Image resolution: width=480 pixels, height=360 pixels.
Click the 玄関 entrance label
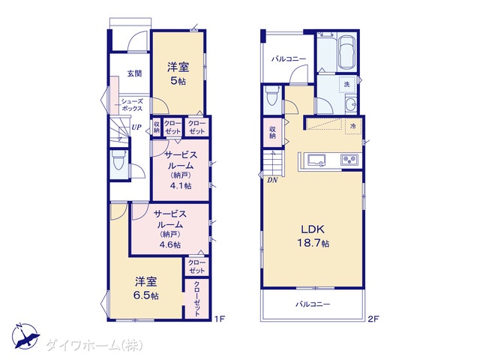134,73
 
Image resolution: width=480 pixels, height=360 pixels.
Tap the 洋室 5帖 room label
178,73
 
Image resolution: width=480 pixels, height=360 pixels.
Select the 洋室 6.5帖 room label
146,288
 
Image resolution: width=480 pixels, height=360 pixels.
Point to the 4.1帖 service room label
181,170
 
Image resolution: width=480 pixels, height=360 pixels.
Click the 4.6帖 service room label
170,229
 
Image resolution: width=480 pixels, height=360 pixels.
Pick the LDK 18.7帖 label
313,235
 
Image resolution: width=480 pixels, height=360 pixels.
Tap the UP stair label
136,127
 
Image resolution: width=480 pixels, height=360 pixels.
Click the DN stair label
272,180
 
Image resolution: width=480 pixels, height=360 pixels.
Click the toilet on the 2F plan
272,95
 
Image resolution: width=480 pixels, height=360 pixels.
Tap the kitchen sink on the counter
316,160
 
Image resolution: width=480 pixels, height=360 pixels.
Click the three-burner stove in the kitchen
349,160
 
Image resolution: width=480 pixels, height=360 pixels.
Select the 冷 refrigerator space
353,126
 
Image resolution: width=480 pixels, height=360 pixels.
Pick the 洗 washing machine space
347,83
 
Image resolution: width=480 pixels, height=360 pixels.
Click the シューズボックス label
132,105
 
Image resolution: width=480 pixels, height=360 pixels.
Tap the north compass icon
25,336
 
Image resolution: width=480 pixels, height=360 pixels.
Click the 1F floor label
220,319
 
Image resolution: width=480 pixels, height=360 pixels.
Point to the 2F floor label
373,319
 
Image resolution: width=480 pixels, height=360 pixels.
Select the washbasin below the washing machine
350,104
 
